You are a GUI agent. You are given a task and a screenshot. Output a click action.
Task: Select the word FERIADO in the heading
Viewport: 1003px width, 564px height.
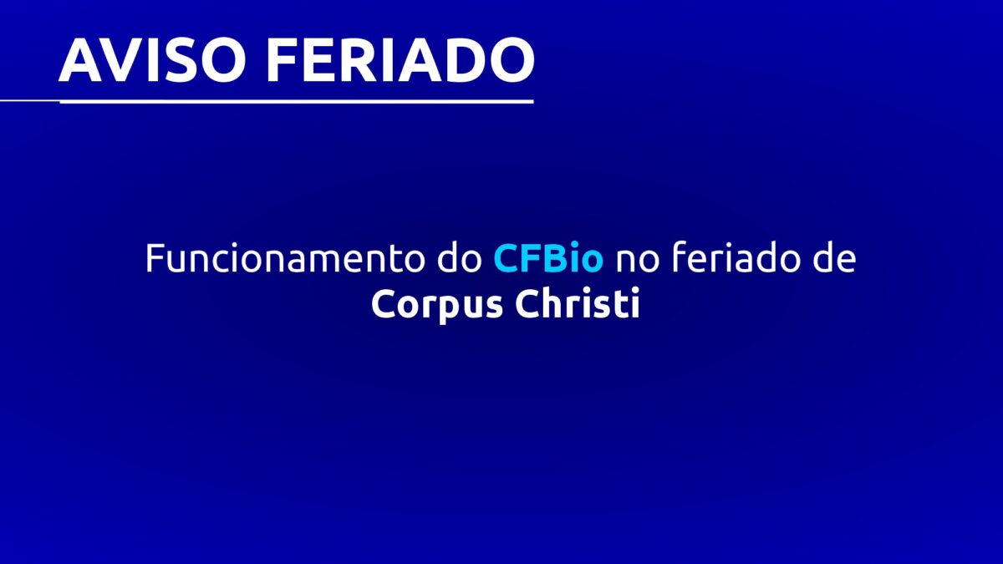click(x=400, y=60)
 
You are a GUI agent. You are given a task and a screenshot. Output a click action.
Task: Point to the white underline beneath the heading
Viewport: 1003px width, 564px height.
click(x=267, y=102)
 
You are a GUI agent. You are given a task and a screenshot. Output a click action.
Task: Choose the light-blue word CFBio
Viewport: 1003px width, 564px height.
click(x=548, y=258)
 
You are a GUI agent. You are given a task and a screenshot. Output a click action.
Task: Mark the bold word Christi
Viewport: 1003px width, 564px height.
click(x=578, y=303)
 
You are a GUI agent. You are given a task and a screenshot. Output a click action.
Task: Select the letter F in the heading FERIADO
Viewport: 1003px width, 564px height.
click(x=283, y=60)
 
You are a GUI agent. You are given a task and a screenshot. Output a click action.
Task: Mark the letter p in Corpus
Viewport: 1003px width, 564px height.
click(x=452, y=310)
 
